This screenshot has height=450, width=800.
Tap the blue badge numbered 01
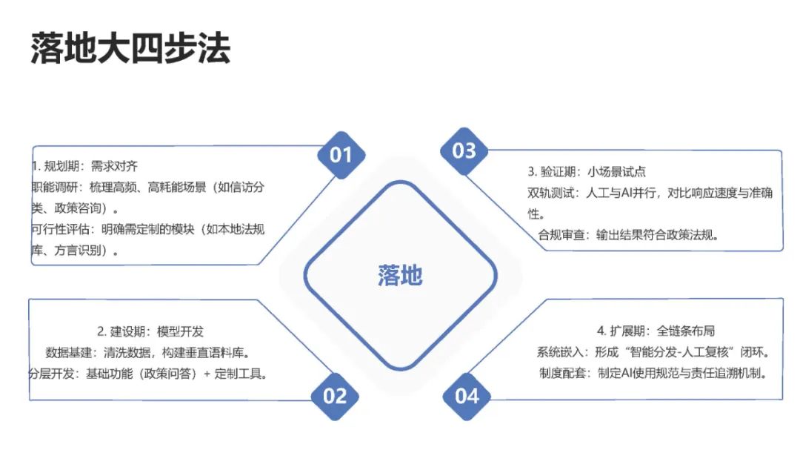[341, 155]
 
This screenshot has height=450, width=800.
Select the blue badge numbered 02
[335, 396]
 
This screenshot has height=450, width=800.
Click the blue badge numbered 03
[464, 151]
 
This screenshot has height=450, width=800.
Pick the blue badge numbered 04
[467, 396]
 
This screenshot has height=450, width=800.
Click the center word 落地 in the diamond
[400, 276]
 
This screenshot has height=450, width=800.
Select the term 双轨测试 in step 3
[550, 193]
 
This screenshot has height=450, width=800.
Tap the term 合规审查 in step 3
[562, 235]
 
